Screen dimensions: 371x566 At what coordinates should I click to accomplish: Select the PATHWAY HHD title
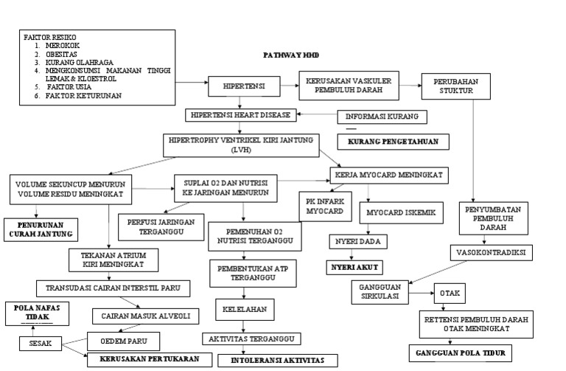291,55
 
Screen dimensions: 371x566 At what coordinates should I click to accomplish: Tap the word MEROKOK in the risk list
63,45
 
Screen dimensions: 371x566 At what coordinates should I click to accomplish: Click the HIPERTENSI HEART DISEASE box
242,115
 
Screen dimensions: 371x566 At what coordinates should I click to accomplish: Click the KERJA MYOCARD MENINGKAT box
388,176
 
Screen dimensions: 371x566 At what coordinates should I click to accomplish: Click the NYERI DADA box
358,241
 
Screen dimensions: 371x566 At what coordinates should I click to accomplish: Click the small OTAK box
449,293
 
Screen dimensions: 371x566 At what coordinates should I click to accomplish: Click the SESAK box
41,344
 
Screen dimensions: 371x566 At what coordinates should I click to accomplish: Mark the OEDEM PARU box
123,341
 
